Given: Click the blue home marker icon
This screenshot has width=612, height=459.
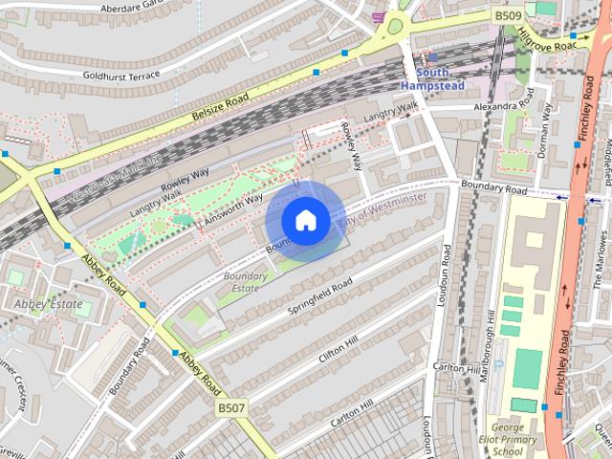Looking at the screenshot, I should [305, 220].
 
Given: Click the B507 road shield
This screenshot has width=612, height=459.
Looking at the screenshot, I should [231, 408].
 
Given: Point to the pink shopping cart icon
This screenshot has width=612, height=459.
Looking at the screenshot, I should [380, 16].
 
